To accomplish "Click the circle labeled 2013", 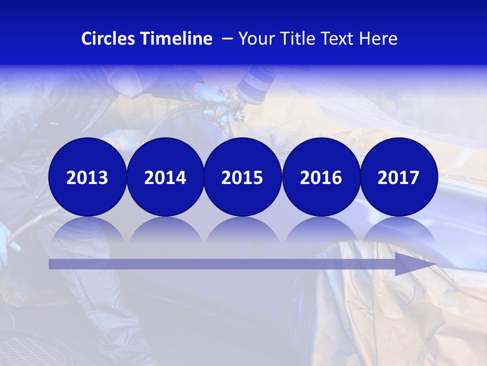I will (87, 177).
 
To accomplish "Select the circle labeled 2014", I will (165, 177).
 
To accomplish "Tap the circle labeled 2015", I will (242, 177).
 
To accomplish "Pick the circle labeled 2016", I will (321, 177).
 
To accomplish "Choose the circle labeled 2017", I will (399, 177).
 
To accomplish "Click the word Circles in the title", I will (109, 39).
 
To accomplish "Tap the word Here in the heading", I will (378, 39).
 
